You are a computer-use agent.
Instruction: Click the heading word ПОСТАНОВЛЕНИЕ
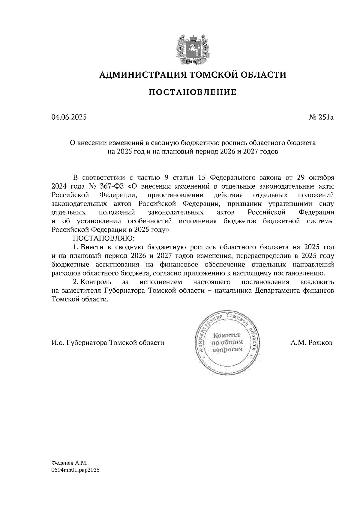tap(192, 92)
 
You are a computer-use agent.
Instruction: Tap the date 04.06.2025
tap(69, 117)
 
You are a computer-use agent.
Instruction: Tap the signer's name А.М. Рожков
tap(311, 343)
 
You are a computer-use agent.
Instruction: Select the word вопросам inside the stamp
tap(227, 350)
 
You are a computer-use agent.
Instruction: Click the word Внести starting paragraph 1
tap(91, 247)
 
